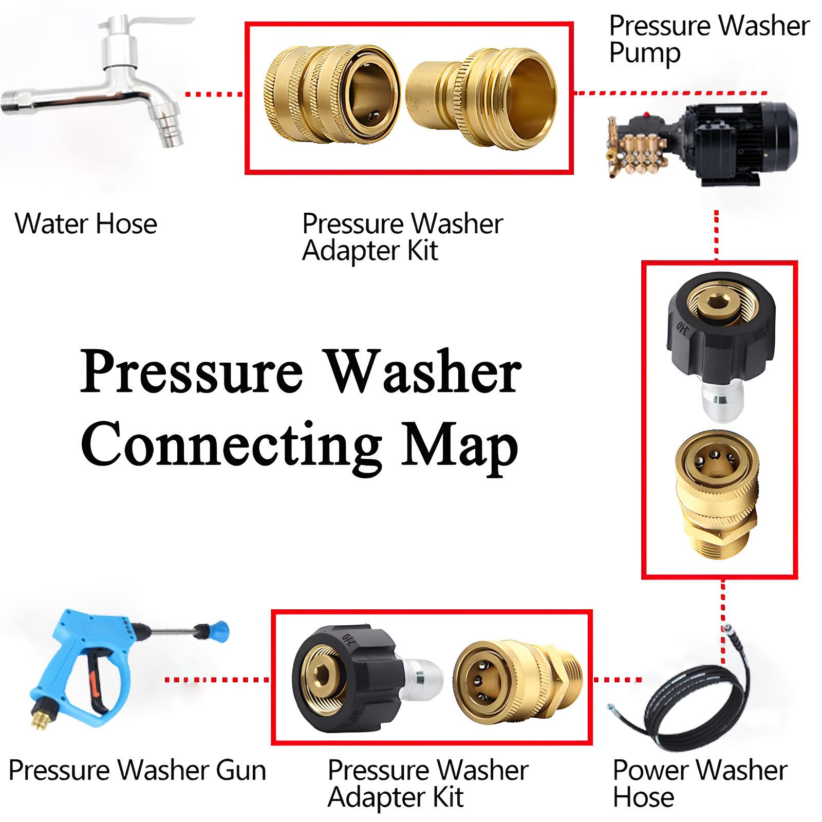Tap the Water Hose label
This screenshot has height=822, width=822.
click(86, 224)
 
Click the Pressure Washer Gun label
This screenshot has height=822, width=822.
click(137, 771)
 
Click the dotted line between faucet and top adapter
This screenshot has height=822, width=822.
click(213, 95)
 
